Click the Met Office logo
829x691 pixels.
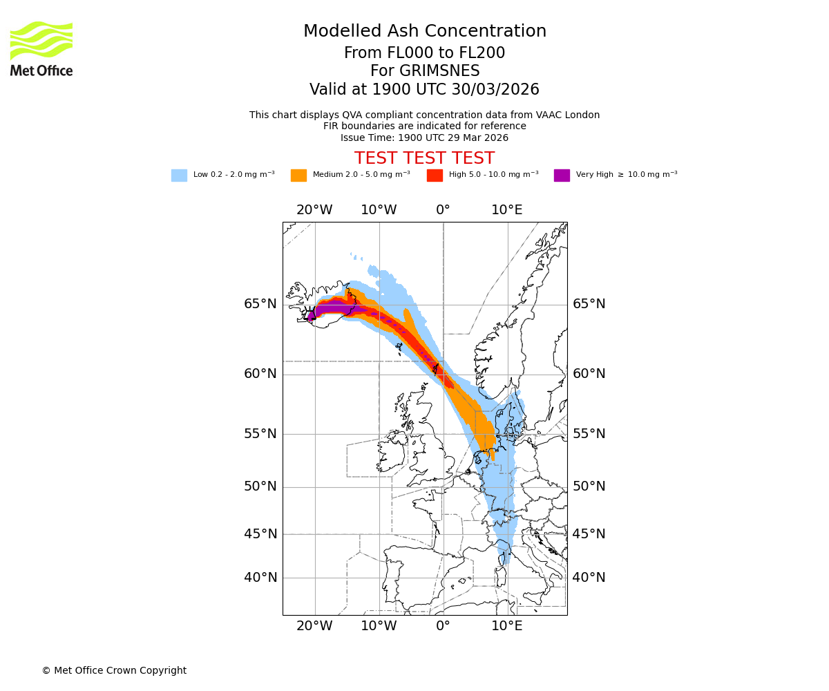(41, 48)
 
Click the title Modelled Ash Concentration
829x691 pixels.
(425, 32)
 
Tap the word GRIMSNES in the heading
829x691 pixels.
(425, 71)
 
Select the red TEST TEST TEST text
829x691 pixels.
(424, 158)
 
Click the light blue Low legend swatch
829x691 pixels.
(179, 176)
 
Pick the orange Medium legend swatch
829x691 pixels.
(298, 176)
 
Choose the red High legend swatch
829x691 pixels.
(435, 176)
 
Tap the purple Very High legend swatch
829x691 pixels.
(562, 176)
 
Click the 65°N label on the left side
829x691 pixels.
(260, 304)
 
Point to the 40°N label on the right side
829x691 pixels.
(589, 578)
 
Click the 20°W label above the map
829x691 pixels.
(314, 210)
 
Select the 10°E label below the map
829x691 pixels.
(506, 626)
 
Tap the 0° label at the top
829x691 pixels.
(443, 210)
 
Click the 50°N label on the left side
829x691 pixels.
(260, 486)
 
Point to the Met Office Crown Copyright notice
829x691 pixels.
(114, 670)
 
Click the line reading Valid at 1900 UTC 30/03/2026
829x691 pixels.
(424, 90)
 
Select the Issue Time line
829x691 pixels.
(424, 138)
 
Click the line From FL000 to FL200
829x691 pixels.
(424, 53)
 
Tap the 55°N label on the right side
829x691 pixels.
(589, 434)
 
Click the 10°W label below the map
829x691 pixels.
(379, 626)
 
